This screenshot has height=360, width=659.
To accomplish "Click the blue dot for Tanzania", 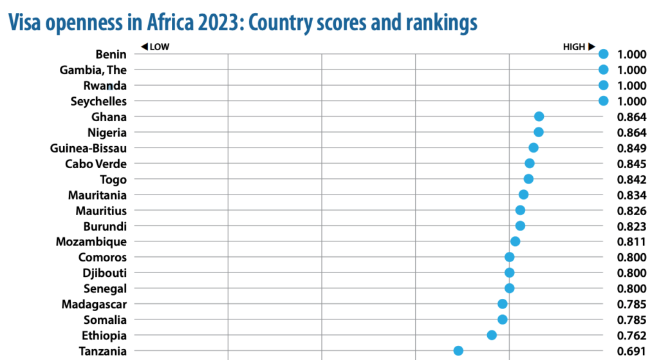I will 458,350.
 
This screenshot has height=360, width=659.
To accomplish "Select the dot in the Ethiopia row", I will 492,335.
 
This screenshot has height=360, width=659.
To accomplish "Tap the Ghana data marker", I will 539,117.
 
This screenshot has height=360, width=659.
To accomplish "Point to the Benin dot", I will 603,54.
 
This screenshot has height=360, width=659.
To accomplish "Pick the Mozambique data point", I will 515,242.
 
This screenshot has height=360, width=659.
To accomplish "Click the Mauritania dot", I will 523,194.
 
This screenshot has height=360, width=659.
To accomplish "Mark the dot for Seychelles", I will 603,100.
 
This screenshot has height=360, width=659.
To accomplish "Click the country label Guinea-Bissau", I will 88,148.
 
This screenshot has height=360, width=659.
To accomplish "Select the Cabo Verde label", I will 96,164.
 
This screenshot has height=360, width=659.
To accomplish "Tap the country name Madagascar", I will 94,304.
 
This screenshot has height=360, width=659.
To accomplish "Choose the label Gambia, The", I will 93,70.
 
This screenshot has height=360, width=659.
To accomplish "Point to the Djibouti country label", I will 102,272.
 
